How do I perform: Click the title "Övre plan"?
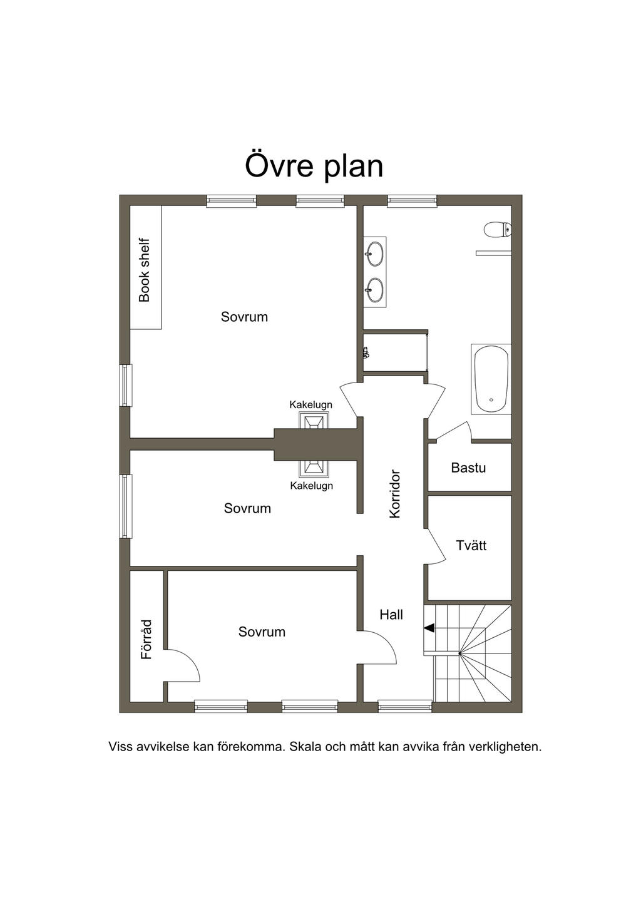314,166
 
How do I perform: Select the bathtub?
491,379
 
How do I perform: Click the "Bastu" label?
468,468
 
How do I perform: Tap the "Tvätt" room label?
471,545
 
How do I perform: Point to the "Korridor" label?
394,494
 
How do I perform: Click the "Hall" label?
391,615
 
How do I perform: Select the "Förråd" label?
146,639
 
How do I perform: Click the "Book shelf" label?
144,270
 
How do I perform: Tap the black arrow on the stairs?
429,628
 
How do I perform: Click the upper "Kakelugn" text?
310,404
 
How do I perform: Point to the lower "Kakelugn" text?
311,485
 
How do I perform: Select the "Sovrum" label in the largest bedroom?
244,317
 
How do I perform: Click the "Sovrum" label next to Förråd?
262,632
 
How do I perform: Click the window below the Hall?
405,707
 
